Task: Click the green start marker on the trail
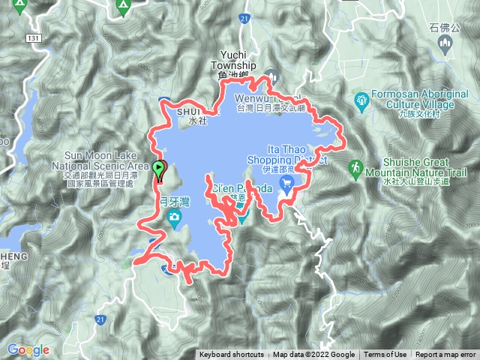[158, 169]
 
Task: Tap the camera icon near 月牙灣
[174, 218]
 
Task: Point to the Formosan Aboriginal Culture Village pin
[361, 98]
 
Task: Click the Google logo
[28, 349]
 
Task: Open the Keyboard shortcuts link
[232, 355]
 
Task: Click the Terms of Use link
[385, 355]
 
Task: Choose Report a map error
[445, 355]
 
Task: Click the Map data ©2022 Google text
[313, 355]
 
